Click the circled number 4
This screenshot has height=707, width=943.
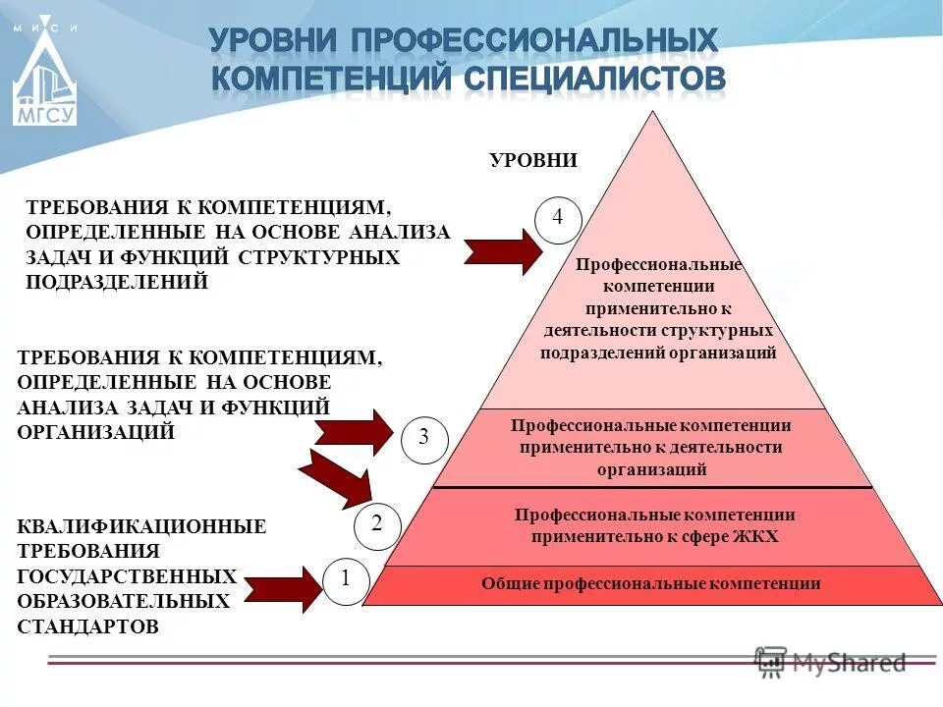tap(558, 218)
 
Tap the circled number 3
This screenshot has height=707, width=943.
tap(423, 438)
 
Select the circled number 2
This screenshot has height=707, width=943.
tap(375, 525)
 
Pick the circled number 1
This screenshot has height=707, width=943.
tap(346, 580)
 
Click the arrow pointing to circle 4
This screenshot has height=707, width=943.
tap(501, 252)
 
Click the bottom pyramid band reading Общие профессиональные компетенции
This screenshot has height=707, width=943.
tap(650, 584)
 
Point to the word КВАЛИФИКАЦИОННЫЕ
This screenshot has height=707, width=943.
tap(141, 526)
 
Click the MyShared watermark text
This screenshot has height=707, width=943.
tap(849, 663)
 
